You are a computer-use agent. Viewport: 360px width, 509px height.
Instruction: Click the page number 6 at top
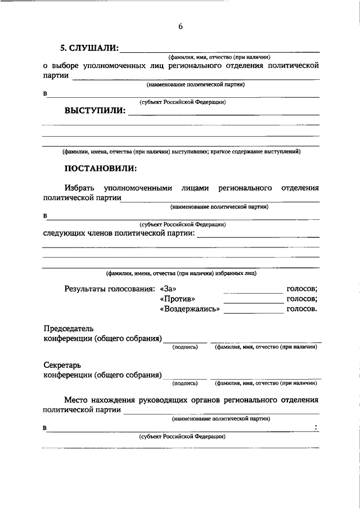click(181, 26)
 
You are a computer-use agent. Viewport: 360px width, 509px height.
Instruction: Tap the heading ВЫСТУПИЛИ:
click(94, 110)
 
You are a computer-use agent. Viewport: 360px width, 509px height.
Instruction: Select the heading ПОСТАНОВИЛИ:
click(100, 168)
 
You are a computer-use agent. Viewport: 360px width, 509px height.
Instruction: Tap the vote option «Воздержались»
click(190, 309)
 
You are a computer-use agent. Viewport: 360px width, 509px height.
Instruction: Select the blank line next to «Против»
click(254, 302)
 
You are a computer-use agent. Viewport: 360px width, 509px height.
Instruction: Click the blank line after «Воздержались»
click(254, 312)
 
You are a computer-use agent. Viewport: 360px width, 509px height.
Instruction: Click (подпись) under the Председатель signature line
click(185, 347)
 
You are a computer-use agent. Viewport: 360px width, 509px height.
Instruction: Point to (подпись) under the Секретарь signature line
click(185, 383)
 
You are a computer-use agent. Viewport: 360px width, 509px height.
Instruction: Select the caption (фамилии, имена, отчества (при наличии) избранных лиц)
click(182, 273)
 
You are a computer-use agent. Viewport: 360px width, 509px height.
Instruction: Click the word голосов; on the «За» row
click(301, 289)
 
